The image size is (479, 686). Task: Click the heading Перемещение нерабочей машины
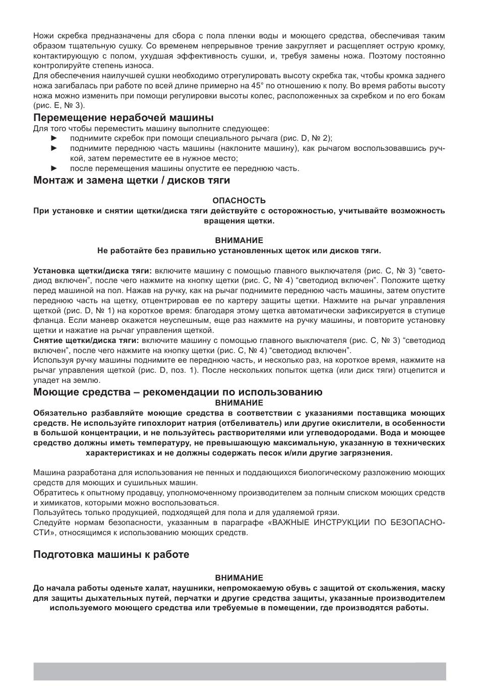click(124, 118)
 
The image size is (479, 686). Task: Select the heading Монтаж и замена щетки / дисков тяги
click(132, 180)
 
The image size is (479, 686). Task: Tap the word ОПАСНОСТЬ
click(239, 200)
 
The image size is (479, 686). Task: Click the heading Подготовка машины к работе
click(111, 554)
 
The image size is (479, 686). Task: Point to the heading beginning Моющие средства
click(178, 392)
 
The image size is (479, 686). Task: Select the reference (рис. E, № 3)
click(59, 105)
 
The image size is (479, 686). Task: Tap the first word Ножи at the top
click(43, 36)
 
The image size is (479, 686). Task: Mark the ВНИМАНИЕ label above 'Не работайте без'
click(239, 241)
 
